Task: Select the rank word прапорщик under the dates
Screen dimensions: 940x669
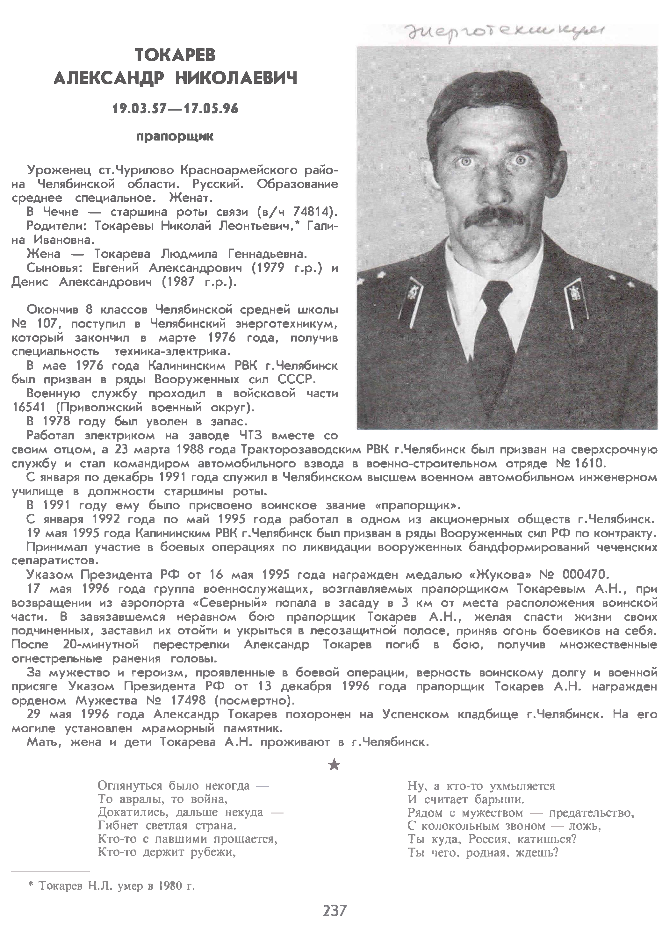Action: pos(175,136)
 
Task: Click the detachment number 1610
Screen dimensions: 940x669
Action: pos(590,463)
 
